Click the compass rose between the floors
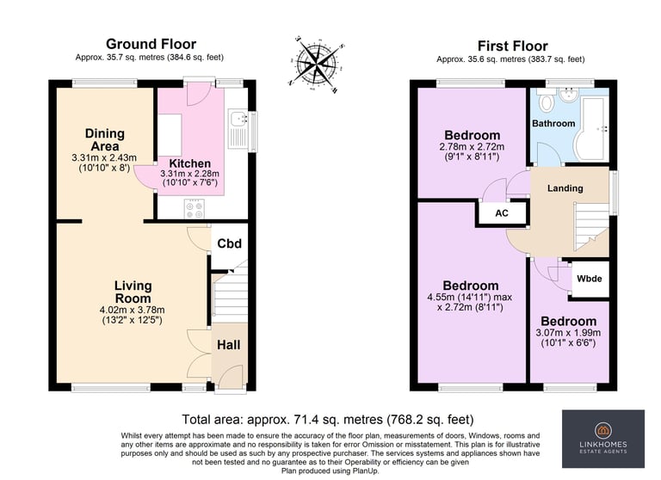point(317,65)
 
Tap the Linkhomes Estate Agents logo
point(602,439)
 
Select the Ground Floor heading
point(151,44)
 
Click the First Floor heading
point(513,46)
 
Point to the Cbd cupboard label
point(229,243)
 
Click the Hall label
point(228,345)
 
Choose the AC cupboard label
point(502,213)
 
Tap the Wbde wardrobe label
point(590,279)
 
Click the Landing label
point(565,188)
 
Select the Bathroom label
point(553,124)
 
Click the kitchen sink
point(238,128)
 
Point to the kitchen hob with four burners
point(195,209)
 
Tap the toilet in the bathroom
point(547,102)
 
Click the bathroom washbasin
point(570,95)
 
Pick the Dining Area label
point(105,140)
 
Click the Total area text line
point(328,419)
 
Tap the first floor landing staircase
point(591,227)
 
